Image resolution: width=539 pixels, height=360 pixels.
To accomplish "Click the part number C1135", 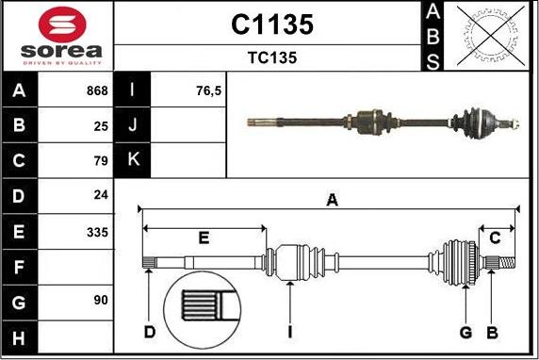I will point(271,25).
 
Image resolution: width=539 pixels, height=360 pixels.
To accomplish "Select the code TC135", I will point(271,57).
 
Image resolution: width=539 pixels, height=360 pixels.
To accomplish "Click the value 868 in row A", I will point(96,91).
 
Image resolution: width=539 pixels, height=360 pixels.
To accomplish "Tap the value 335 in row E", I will point(98,231).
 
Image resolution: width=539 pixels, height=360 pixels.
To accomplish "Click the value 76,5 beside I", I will point(207,91).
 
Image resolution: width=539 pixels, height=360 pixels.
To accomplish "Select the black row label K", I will point(133,160).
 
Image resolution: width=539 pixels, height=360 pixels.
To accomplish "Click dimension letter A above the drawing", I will point(331,200).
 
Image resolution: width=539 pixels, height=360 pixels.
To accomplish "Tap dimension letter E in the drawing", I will point(203,237).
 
